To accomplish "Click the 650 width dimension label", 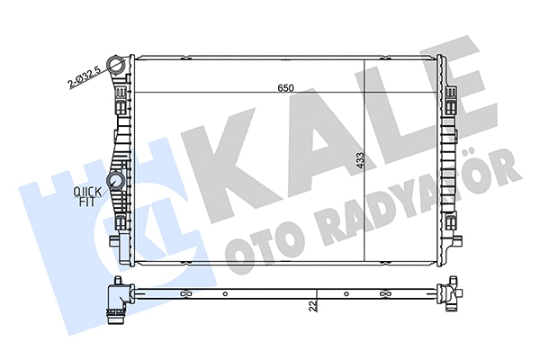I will pyautogui.click(x=285, y=88).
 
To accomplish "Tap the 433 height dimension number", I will pyautogui.click(x=359, y=161).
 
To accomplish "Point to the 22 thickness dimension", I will pyautogui.click(x=312, y=307).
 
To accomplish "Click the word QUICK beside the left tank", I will pyautogui.click(x=88, y=191).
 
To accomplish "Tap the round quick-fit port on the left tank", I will pyautogui.click(x=117, y=184).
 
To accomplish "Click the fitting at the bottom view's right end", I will pyautogui.click(x=447, y=292).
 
